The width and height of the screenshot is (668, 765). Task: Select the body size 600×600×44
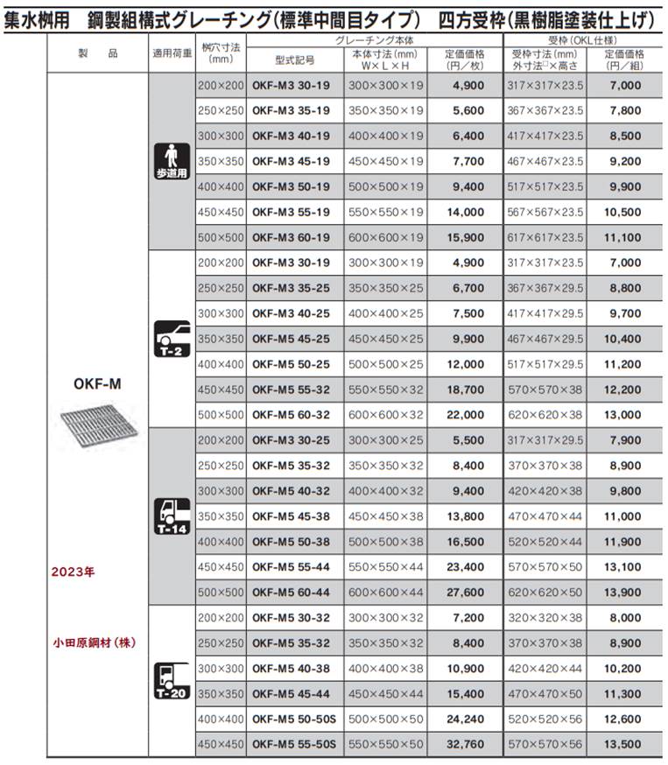pyautogui.click(x=386, y=593)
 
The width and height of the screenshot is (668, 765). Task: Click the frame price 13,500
pyautogui.click(x=623, y=744)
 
